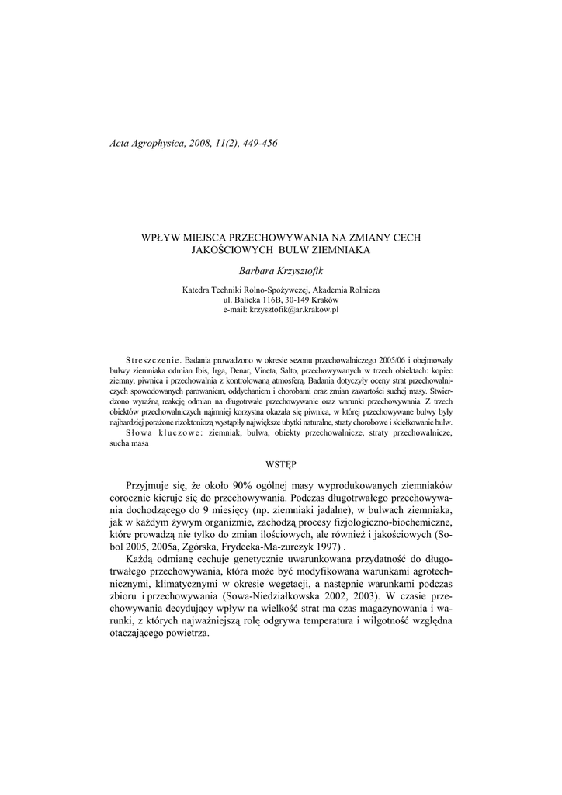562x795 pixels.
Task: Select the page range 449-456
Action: point(258,143)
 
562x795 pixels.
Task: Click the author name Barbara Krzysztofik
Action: point(281,271)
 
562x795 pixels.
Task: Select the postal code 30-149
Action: point(300,299)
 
